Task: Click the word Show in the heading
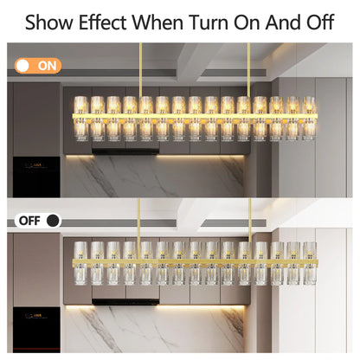tap(49, 22)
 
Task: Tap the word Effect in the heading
tap(103, 22)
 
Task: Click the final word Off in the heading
tap(320, 22)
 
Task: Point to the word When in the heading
tap(157, 22)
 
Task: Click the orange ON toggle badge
tap(38, 66)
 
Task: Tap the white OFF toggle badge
tap(38, 221)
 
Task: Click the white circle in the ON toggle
tap(22, 66)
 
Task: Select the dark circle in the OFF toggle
tap(53, 221)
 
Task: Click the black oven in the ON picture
tap(36, 177)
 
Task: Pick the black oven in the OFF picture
tap(36, 330)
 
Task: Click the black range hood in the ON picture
tap(125, 151)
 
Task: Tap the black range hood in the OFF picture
tap(125, 302)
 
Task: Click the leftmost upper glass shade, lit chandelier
tap(80, 105)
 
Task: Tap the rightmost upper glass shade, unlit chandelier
tap(310, 251)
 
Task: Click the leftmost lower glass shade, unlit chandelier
tap(80, 275)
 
